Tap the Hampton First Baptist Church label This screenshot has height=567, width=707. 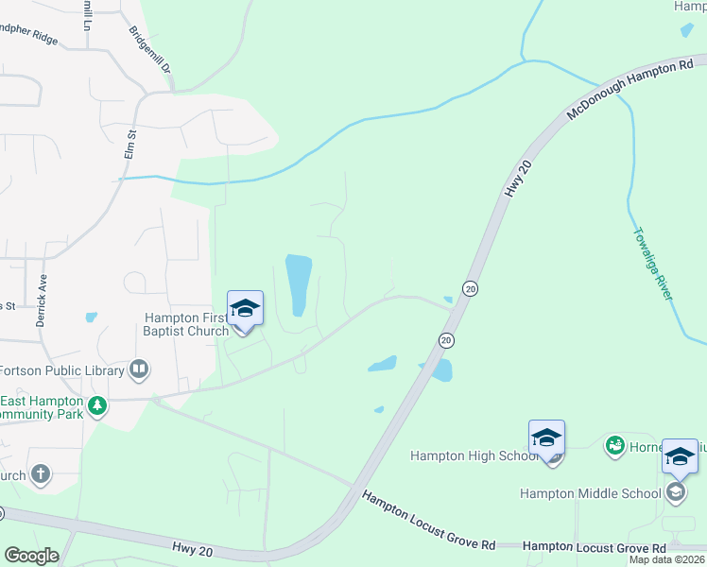pyautogui.click(x=186, y=324)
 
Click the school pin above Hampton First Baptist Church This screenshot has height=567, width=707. pyautogui.click(x=245, y=309)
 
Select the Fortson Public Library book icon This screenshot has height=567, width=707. pyautogui.click(x=139, y=369)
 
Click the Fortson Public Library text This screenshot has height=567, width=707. pyautogui.click(x=62, y=370)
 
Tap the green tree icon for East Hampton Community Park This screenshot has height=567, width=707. pyautogui.click(x=96, y=406)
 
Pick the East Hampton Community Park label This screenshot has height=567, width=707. pyautogui.click(x=43, y=407)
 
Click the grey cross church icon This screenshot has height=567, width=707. pyautogui.click(x=40, y=474)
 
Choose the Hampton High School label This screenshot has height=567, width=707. pyautogui.click(x=467, y=455)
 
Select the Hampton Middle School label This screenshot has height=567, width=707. pyautogui.click(x=591, y=493)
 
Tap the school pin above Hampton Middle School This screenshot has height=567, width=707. pyautogui.click(x=680, y=457)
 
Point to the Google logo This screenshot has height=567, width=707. pyautogui.click(x=31, y=556)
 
